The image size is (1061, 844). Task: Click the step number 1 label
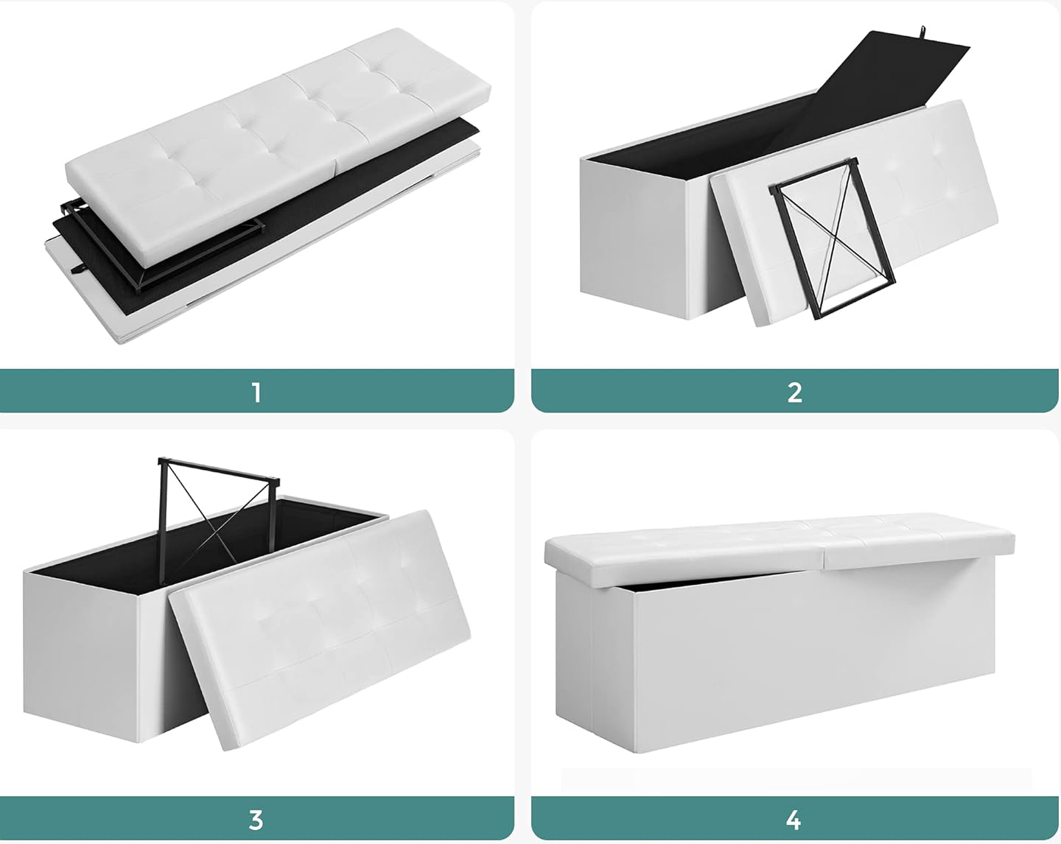[256, 393]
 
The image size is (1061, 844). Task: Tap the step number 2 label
[794, 393]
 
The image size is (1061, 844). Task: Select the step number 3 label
[256, 820]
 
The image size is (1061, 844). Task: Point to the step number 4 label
[794, 820]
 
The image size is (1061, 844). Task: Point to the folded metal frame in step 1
[163, 247]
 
